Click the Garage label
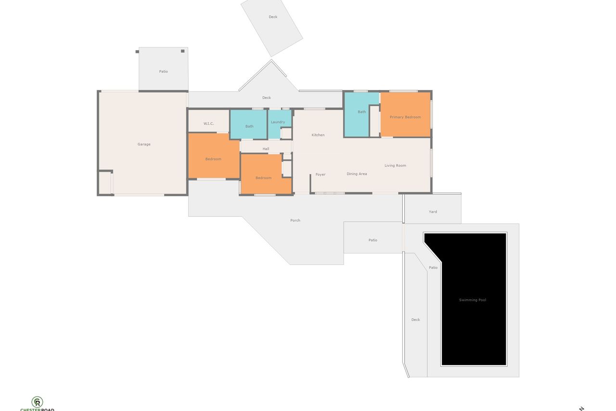click(x=144, y=144)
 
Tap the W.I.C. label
click(x=208, y=124)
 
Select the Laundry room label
click(x=278, y=122)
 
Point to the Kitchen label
click(x=318, y=135)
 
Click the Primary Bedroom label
click(x=405, y=117)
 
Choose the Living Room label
click(x=395, y=165)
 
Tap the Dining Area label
click(x=357, y=174)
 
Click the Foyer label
click(x=321, y=174)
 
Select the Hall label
click(x=266, y=149)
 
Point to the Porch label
click(x=295, y=221)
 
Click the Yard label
click(x=433, y=212)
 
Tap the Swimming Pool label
click(x=473, y=300)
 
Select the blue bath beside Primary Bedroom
click(x=358, y=114)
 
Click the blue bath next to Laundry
click(x=248, y=124)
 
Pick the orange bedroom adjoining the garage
click(x=213, y=156)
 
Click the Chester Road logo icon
click(x=37, y=402)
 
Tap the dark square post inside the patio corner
click(x=182, y=51)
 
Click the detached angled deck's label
click(x=273, y=17)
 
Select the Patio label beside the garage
click(x=163, y=71)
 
